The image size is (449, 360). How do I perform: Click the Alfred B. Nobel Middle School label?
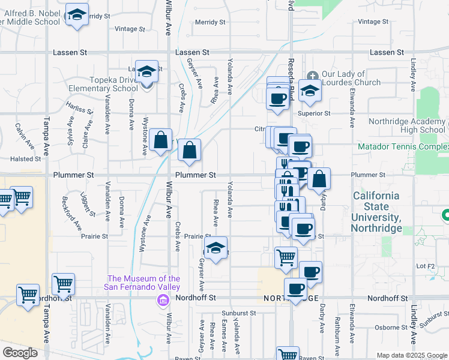pos(30,16)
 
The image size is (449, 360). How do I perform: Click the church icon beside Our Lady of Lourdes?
pos(312,76)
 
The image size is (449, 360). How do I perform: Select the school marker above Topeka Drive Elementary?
pos(146,72)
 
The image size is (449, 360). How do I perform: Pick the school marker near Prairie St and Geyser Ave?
pos(215,248)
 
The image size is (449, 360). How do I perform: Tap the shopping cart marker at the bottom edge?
pos(288,355)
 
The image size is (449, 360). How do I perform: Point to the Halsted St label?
pos(25,159)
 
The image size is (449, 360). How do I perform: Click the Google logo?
pos(20,353)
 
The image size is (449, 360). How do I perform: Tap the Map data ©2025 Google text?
pos(411,355)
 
